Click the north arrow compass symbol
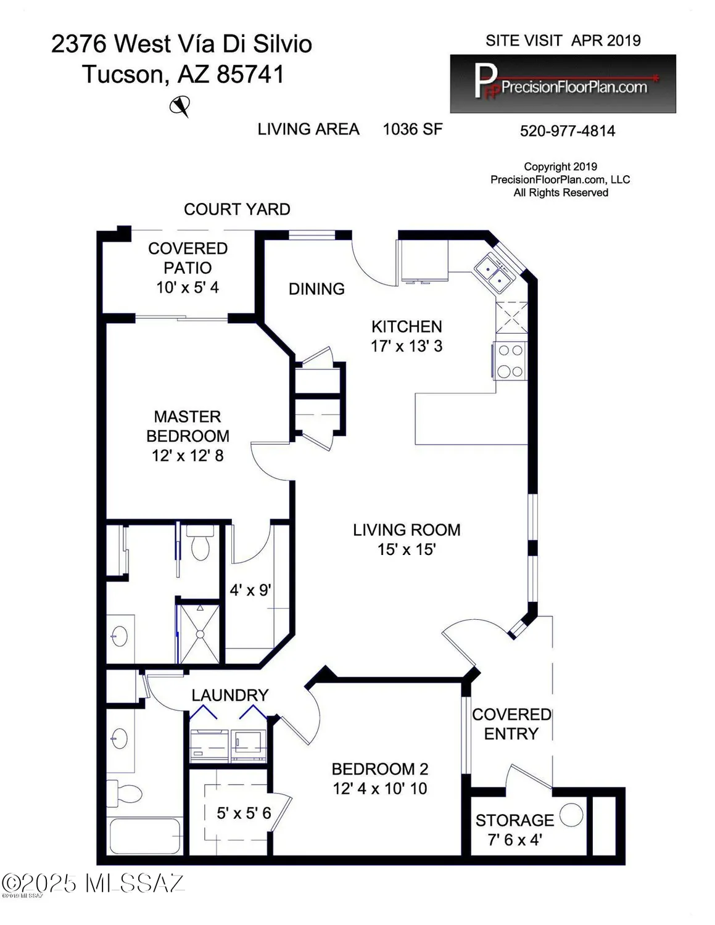point(180,107)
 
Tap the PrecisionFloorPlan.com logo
point(563,84)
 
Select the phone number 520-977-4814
point(567,131)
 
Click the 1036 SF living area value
point(412,129)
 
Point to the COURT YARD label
point(237,210)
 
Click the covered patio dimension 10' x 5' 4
point(188,287)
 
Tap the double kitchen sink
point(495,272)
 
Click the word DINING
point(316,289)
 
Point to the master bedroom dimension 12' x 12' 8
point(188,456)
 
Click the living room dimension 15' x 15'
point(407,549)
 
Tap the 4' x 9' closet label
point(250,590)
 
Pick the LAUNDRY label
point(229,696)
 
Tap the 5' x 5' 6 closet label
point(244,813)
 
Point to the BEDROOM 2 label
point(379,769)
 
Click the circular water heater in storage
point(571,815)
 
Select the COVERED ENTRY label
point(511,724)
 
